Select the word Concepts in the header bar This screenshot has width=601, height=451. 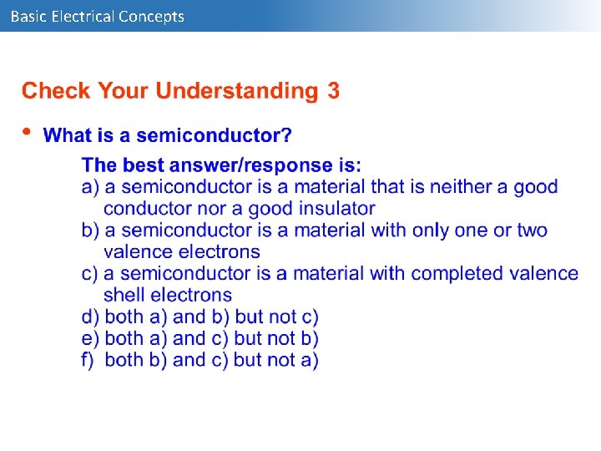[152, 16]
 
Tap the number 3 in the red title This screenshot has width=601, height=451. [333, 91]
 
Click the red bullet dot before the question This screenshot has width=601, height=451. [27, 131]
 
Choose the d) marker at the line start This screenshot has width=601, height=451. [90, 317]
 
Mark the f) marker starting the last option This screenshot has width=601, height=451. [88, 360]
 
